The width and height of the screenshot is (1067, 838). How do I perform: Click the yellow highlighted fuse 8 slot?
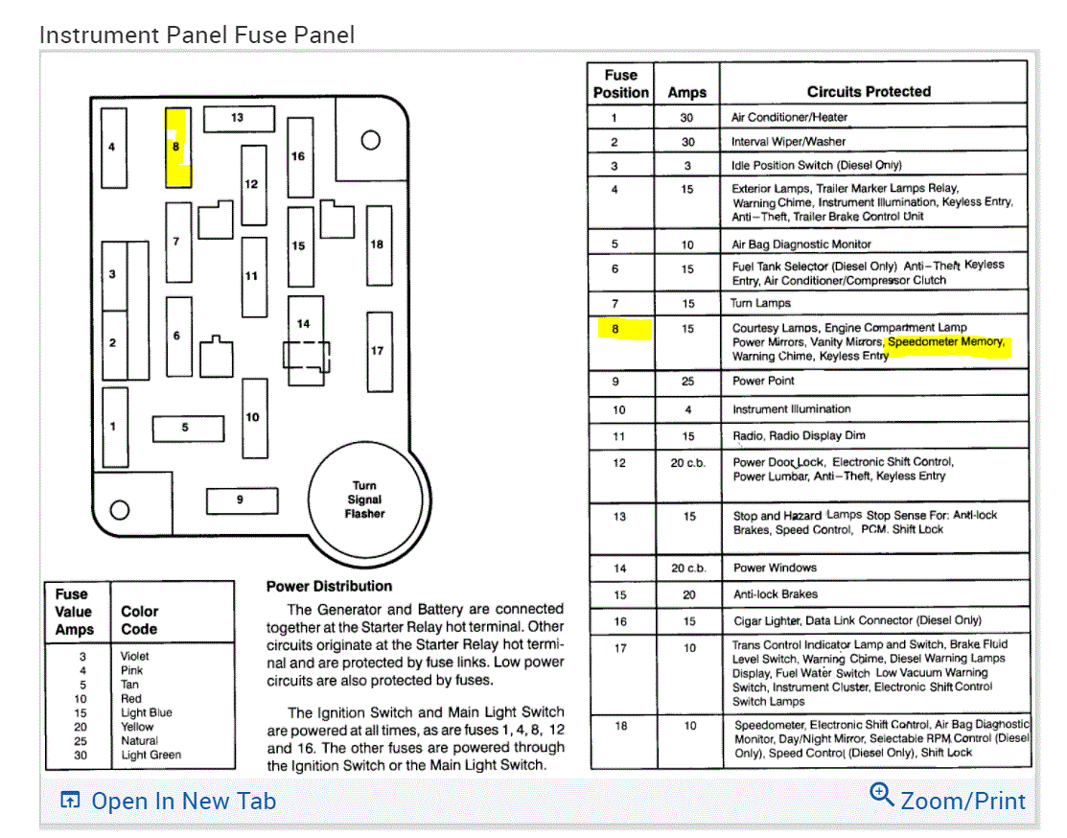pyautogui.click(x=177, y=148)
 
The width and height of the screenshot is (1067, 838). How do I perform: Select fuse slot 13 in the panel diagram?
pyautogui.click(x=238, y=118)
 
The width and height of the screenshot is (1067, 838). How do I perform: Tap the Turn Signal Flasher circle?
pyautogui.click(x=364, y=500)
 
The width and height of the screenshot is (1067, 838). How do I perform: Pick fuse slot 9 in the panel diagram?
pyautogui.click(x=241, y=500)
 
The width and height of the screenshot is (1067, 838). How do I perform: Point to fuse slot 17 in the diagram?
pyautogui.click(x=378, y=351)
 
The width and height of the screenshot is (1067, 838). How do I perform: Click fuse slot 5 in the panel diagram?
pyautogui.click(x=187, y=428)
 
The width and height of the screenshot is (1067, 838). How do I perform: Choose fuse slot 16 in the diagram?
pyautogui.click(x=299, y=156)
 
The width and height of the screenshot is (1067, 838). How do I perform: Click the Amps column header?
pyautogui.click(x=686, y=92)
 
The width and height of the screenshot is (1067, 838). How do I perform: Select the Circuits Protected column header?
pyautogui.click(x=869, y=92)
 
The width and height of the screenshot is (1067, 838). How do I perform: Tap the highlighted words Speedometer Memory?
pyautogui.click(x=946, y=342)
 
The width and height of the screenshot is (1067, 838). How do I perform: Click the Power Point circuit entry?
pyautogui.click(x=764, y=381)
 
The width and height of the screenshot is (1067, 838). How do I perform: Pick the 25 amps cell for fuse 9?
pyautogui.click(x=686, y=381)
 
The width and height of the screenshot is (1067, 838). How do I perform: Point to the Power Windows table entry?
pyautogui.click(x=776, y=568)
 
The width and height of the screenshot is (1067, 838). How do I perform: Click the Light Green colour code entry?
pyautogui.click(x=151, y=755)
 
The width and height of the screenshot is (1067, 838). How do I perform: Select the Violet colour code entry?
pyautogui.click(x=135, y=656)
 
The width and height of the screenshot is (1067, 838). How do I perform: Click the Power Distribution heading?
pyautogui.click(x=329, y=586)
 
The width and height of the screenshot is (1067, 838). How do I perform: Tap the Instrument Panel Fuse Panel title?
pyautogui.click(x=197, y=35)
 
